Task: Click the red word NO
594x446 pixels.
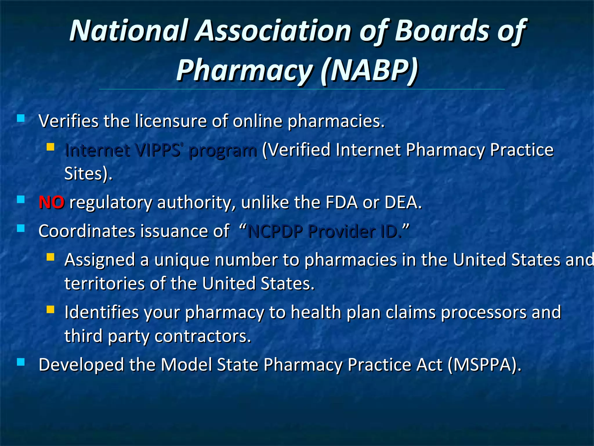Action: (51, 202)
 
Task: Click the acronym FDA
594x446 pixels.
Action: (341, 202)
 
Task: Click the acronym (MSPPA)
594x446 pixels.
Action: (484, 365)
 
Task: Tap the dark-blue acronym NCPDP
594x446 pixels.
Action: (276, 232)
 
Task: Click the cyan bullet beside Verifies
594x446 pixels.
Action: (21, 118)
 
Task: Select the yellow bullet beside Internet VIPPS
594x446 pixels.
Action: (50, 147)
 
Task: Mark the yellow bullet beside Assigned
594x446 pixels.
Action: (50, 257)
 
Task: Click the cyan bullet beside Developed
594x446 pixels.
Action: (21, 362)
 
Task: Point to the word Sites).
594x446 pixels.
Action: (88, 174)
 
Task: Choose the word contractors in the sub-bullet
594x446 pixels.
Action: (202, 336)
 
